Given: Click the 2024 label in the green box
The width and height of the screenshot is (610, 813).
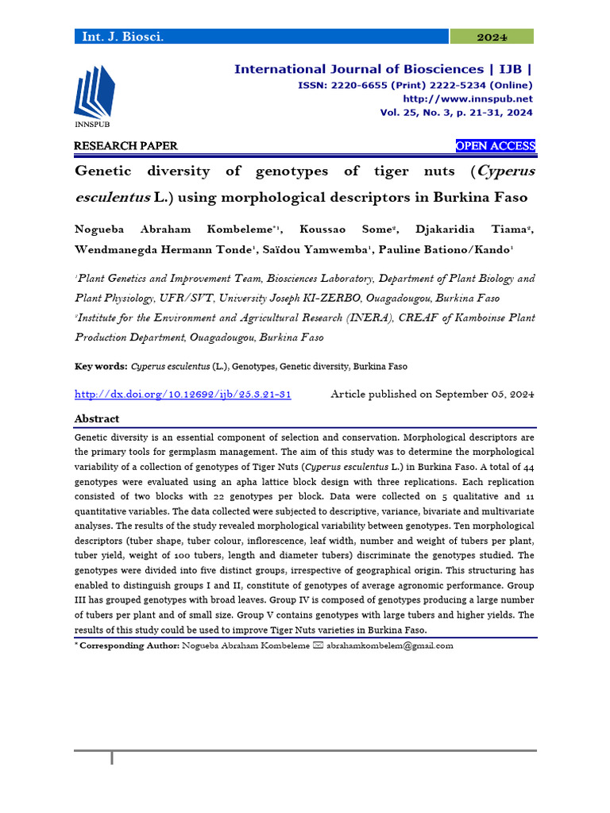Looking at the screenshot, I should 492,37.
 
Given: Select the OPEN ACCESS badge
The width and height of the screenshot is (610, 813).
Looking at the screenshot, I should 495,146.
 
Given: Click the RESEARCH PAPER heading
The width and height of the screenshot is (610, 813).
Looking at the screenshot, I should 125,146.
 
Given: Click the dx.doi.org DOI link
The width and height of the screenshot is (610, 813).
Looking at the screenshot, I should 183,395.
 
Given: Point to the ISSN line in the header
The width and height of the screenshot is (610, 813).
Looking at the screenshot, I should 415,86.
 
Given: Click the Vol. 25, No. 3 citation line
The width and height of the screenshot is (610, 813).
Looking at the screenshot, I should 456,113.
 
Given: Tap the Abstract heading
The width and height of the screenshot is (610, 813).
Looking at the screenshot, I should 97,418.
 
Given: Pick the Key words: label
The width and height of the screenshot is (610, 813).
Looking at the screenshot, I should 101,367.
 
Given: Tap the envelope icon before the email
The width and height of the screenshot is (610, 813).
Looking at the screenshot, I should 319,645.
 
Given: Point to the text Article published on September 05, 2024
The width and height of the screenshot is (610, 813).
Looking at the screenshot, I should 432,395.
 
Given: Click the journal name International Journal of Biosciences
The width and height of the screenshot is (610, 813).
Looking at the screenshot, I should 358,70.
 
